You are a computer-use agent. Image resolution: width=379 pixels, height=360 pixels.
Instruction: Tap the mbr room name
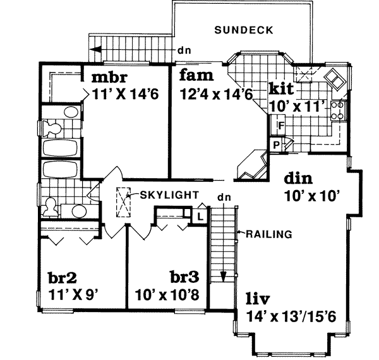(x=111, y=78)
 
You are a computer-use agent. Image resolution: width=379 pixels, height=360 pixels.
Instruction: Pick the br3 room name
(x=185, y=277)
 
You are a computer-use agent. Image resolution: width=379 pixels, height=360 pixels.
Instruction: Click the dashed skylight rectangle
(x=123, y=203)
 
